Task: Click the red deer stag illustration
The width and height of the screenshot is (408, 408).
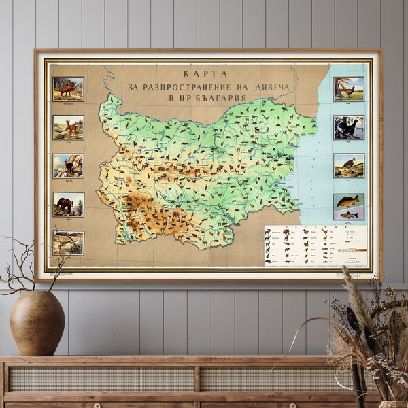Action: (68, 89)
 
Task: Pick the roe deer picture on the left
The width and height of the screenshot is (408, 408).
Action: (68, 127)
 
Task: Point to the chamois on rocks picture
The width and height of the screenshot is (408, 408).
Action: (68, 166)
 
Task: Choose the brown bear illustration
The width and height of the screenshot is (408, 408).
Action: (68, 204)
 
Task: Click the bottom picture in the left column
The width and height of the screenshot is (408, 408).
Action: (68, 242)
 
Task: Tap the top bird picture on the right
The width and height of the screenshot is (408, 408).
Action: (348, 89)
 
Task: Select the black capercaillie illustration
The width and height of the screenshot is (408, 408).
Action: (348, 127)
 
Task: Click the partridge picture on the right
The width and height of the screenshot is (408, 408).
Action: (348, 166)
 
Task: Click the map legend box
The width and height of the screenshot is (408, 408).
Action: (315, 245)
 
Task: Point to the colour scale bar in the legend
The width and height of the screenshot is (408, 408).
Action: (352, 250)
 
